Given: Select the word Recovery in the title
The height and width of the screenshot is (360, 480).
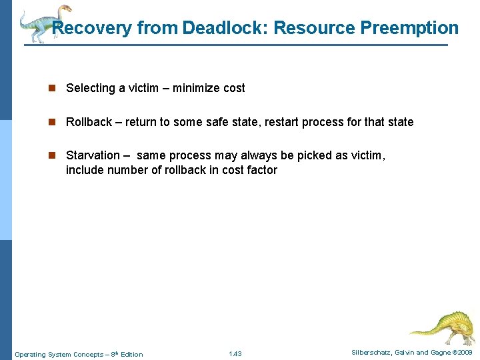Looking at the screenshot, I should [92, 28].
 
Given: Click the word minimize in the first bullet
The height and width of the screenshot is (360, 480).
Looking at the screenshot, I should [197, 88].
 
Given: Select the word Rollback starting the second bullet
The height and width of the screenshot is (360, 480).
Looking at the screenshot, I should [89, 122].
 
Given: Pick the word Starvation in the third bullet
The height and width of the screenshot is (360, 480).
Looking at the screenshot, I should [93, 155].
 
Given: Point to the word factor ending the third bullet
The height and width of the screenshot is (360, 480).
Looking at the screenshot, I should [261, 170].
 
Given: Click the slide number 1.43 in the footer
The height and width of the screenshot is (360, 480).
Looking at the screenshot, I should [235, 353].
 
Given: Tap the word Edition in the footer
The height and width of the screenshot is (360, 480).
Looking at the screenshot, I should [131, 354].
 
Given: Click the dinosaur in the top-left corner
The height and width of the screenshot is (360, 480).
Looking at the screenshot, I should [43, 23].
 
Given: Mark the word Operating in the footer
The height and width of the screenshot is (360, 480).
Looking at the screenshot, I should [29, 354].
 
